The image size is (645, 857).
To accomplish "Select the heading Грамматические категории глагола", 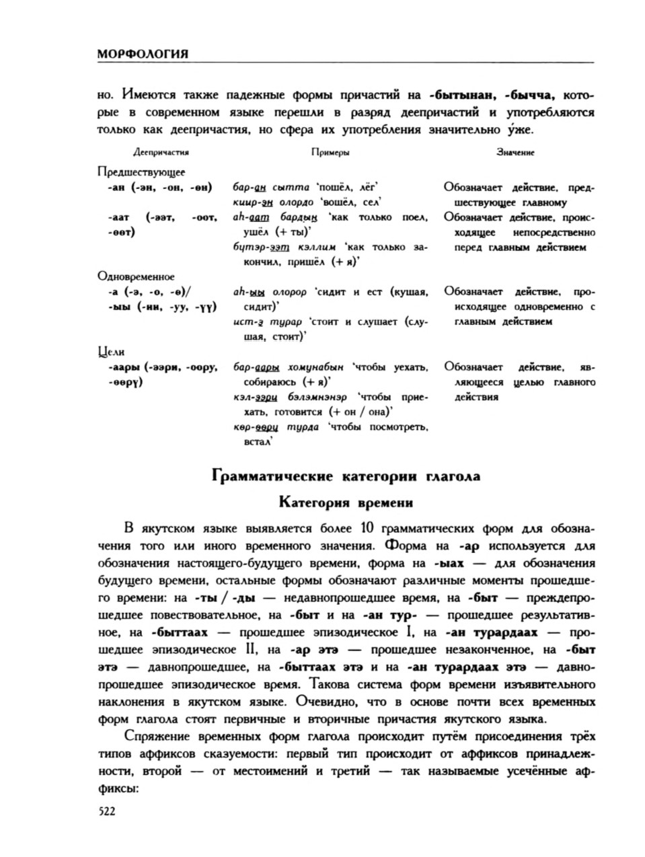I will click(346, 476).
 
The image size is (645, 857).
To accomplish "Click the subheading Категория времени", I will click(346, 502).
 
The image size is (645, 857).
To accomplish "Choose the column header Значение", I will click(515, 153).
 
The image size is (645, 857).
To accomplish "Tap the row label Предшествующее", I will click(141, 172).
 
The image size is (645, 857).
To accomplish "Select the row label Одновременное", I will click(136, 276).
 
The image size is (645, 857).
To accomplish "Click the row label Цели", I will click(112, 351).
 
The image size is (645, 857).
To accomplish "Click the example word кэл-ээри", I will click(252, 398).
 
